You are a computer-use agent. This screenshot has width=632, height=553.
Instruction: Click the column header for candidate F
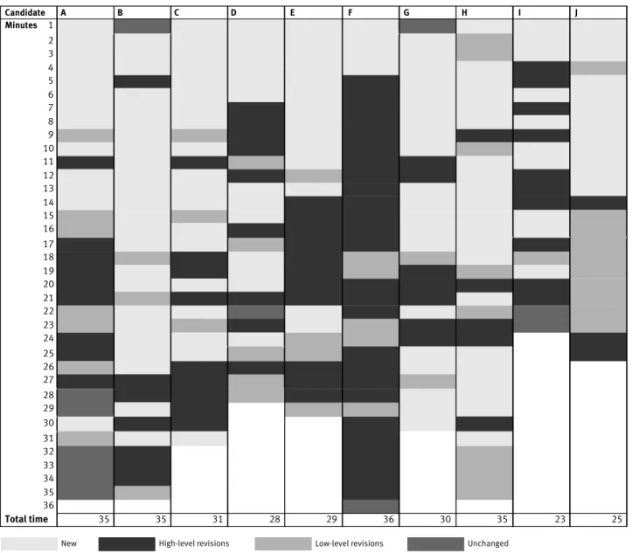tap(350, 12)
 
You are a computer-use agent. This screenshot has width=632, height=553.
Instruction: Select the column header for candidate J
tap(576, 12)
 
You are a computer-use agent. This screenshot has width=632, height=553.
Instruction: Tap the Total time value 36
tap(388, 519)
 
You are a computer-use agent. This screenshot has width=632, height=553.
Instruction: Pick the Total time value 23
tap(559, 519)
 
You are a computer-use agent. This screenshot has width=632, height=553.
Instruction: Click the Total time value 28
tap(274, 519)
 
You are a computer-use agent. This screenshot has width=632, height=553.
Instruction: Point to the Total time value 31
tap(218, 519)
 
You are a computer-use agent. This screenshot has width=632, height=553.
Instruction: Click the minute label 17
tap(48, 244)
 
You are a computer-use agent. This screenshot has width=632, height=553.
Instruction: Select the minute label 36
tap(48, 505)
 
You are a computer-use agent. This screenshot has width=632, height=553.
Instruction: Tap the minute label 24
tap(48, 338)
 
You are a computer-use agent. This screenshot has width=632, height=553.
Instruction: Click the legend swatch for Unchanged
tap(435, 543)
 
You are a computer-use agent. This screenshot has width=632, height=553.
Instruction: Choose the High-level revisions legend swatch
tap(127, 543)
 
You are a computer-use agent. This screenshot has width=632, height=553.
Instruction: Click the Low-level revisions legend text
tap(349, 543)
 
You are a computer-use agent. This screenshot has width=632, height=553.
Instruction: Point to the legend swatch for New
tap(29, 543)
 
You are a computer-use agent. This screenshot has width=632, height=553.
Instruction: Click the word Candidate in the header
tap(25, 12)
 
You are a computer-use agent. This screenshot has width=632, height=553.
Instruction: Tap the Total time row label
tap(26, 519)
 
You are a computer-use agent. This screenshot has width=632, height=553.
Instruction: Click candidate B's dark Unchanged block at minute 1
tap(142, 26)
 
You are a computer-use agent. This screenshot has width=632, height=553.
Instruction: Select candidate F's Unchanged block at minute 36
tap(371, 506)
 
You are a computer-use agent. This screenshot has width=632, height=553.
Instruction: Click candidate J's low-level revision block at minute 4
tap(599, 68)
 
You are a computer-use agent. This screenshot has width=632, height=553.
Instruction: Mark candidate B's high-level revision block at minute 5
tap(142, 81)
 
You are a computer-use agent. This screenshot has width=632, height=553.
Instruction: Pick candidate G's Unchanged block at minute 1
tap(427, 26)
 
